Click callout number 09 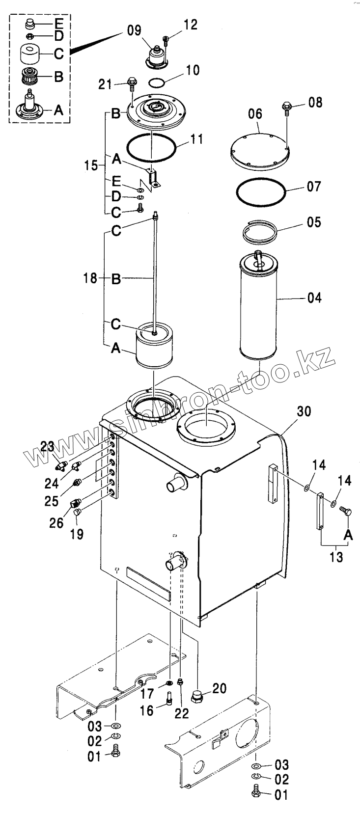point(134,30)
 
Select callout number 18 point(90,279)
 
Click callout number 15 point(91,165)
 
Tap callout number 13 point(337,557)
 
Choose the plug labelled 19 point(78,513)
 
